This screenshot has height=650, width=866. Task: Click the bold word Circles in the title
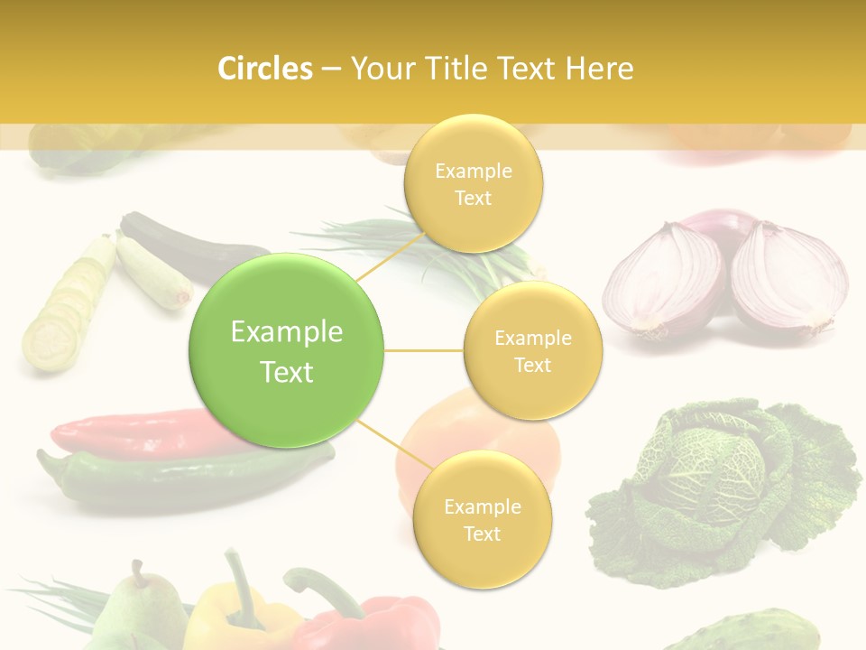(264, 69)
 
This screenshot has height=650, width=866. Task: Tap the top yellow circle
(474, 184)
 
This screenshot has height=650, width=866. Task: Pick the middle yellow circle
(533, 351)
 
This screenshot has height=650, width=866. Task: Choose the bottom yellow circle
(482, 520)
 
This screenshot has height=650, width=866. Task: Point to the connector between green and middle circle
(424, 350)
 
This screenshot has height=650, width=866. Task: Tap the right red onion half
(787, 275)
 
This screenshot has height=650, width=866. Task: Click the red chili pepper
(135, 432)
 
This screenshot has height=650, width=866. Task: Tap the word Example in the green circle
(287, 332)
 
